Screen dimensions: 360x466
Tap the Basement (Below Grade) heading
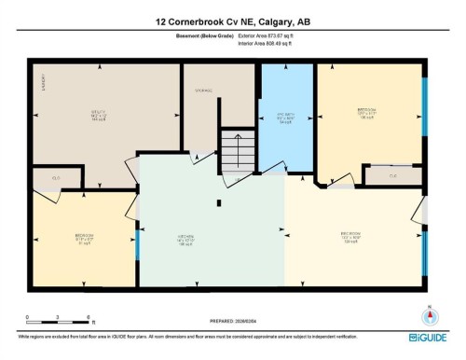207,36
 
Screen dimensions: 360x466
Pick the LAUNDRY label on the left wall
43,86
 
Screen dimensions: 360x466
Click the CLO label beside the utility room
56,177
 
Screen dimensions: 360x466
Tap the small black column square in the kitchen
221,201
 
